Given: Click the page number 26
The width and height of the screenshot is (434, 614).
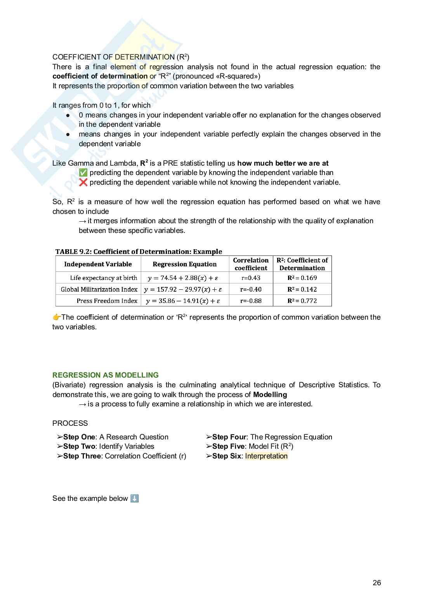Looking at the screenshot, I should (377, 583).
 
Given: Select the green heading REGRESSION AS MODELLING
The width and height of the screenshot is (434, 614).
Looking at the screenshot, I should (106, 375).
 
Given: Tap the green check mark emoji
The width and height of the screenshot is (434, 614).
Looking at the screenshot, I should (83, 173).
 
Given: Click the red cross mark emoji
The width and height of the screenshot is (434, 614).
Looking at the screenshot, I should (83, 182).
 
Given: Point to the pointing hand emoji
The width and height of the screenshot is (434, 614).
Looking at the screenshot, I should (57, 317).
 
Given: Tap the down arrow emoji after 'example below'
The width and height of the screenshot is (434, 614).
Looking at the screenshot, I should (134, 499).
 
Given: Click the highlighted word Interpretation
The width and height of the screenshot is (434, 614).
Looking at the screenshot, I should (266, 456).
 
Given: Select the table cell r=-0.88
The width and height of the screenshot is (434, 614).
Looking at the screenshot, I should (251, 301).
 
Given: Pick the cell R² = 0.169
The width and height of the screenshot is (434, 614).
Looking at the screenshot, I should (302, 278).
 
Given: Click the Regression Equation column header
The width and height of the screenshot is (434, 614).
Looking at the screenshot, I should (185, 264).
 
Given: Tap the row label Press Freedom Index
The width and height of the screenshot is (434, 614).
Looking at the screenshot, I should (107, 301).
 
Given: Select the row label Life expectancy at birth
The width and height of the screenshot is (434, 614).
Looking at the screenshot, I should (103, 278).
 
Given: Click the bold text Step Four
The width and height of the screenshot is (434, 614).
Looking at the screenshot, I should (229, 437).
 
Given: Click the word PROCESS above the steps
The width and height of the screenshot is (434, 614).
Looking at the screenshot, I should (70, 423).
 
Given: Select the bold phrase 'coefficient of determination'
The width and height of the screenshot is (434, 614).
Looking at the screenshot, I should (100, 76).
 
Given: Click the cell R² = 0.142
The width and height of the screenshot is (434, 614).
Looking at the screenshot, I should (302, 289).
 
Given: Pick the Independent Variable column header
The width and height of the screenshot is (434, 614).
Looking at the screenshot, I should (98, 264).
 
